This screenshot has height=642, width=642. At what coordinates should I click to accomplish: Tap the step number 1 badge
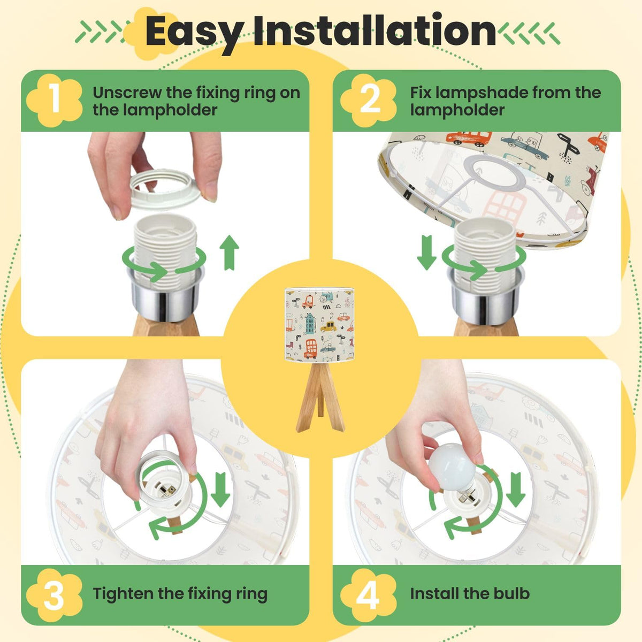[55, 101]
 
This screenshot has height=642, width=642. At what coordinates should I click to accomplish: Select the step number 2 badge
[369, 101]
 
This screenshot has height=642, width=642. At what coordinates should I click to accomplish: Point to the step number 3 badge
[55, 594]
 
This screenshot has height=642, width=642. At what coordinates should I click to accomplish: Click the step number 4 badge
[369, 594]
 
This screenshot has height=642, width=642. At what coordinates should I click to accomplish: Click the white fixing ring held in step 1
[165, 189]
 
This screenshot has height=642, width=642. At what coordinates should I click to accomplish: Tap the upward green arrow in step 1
[229, 252]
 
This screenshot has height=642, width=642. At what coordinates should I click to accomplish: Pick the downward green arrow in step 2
[426, 252]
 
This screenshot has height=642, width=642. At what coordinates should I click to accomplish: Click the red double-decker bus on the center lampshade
[310, 349]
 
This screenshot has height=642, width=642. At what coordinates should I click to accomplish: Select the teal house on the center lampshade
[310, 323]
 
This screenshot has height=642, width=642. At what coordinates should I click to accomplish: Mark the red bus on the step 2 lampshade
[469, 137]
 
